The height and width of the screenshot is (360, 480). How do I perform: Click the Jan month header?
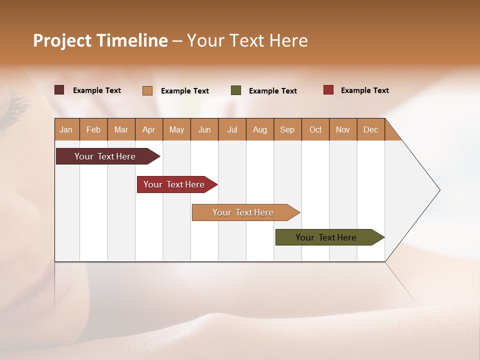(x=66, y=129)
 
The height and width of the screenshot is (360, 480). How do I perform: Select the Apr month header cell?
(x=149, y=129)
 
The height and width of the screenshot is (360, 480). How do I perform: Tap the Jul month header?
(x=232, y=129)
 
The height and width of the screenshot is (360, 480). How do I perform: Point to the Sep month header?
(x=287, y=129)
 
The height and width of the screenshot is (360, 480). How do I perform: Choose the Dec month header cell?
(x=370, y=129)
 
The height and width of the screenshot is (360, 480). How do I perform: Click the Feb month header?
(x=93, y=129)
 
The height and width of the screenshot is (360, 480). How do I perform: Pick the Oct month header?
(x=315, y=129)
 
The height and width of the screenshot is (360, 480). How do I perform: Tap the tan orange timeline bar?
(x=244, y=212)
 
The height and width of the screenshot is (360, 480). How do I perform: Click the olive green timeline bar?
(x=327, y=237)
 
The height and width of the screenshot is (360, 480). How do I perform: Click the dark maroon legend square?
(x=59, y=90)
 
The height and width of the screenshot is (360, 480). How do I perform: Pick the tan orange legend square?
(x=147, y=90)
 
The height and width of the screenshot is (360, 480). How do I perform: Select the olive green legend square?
(x=236, y=90)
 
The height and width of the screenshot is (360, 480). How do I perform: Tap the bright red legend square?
(x=328, y=90)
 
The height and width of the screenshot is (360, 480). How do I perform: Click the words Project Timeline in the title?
(x=100, y=40)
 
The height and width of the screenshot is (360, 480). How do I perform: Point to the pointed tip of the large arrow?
(x=438, y=190)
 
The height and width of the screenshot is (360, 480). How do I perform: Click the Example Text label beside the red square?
(x=364, y=90)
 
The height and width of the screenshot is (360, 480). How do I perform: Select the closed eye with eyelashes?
(x=15, y=107)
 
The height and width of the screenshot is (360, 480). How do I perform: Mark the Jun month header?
(x=204, y=129)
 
